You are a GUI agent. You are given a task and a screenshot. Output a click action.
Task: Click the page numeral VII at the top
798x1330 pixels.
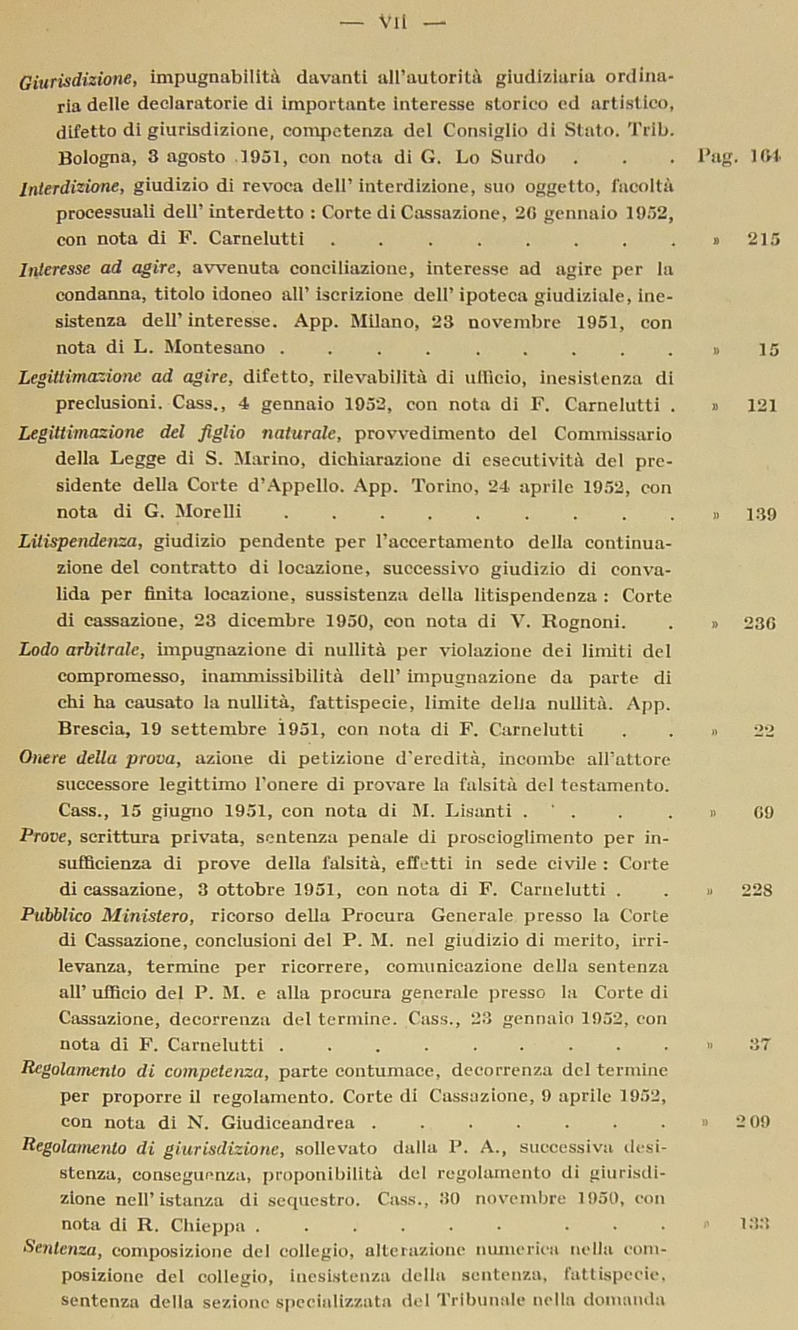coord(393,23)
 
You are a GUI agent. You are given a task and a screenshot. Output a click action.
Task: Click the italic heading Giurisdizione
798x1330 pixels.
coord(76,79)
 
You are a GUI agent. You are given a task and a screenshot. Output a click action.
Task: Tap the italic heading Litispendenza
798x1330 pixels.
coord(80,542)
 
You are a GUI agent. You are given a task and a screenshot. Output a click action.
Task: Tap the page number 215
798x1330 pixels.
coord(763,239)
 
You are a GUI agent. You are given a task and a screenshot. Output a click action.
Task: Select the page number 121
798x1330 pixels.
coord(761,406)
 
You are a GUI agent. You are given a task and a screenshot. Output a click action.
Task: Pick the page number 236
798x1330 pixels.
coord(760,623)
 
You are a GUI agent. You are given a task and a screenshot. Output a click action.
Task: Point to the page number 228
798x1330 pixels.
coord(757,890)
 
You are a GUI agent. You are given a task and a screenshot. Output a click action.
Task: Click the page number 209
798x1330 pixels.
coord(753,1122)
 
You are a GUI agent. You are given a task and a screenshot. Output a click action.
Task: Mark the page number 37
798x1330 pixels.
coord(760,1044)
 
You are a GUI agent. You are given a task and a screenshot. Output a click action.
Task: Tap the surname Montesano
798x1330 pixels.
coord(215,347)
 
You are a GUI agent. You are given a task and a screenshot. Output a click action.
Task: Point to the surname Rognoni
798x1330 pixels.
coord(585,622)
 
